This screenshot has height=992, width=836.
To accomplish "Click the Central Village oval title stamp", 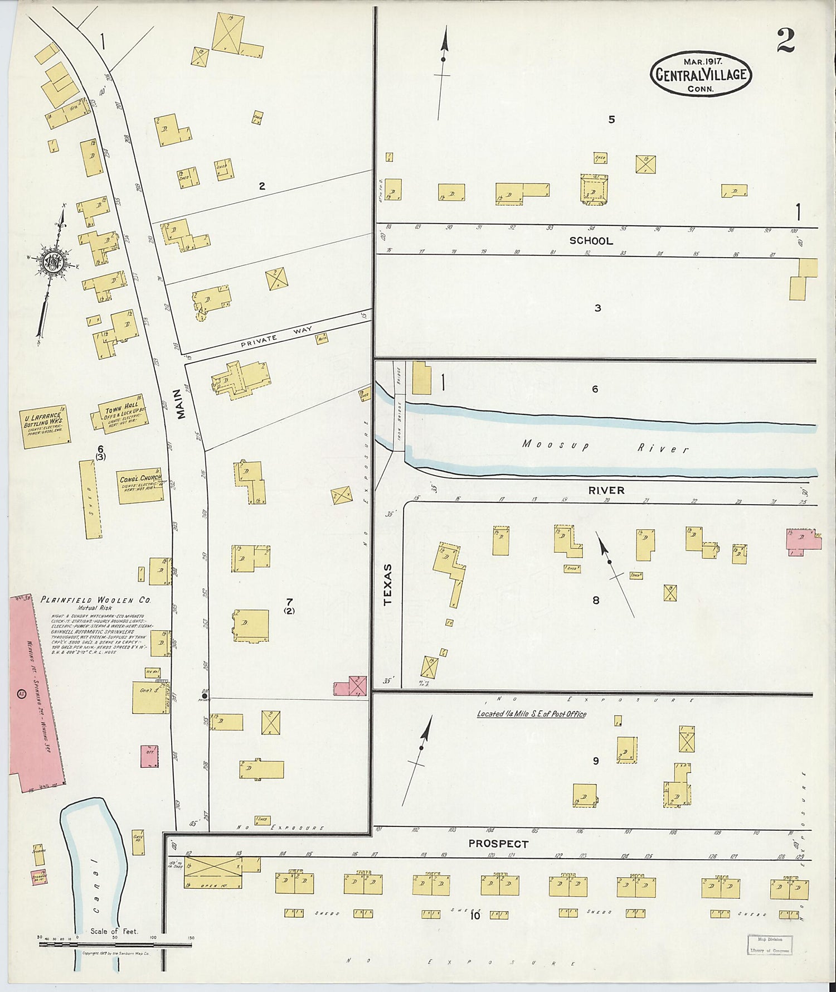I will click(701, 75).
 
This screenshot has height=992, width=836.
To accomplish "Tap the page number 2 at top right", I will click(785, 41).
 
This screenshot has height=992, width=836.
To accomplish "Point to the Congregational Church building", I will click(140, 486).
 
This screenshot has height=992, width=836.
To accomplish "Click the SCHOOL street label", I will click(591, 241).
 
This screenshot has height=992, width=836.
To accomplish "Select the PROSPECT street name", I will click(498, 844).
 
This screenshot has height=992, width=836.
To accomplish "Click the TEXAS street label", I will click(388, 584).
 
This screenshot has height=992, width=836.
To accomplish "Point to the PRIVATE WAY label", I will click(276, 336).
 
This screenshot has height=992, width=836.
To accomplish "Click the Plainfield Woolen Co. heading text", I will click(95, 600).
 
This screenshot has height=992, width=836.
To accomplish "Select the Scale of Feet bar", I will click(115, 944).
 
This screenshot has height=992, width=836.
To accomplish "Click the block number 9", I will click(596, 761).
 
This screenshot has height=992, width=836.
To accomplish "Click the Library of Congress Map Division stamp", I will click(770, 945).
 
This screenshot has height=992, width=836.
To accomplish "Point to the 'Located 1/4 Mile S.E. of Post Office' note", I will click(531, 714).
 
